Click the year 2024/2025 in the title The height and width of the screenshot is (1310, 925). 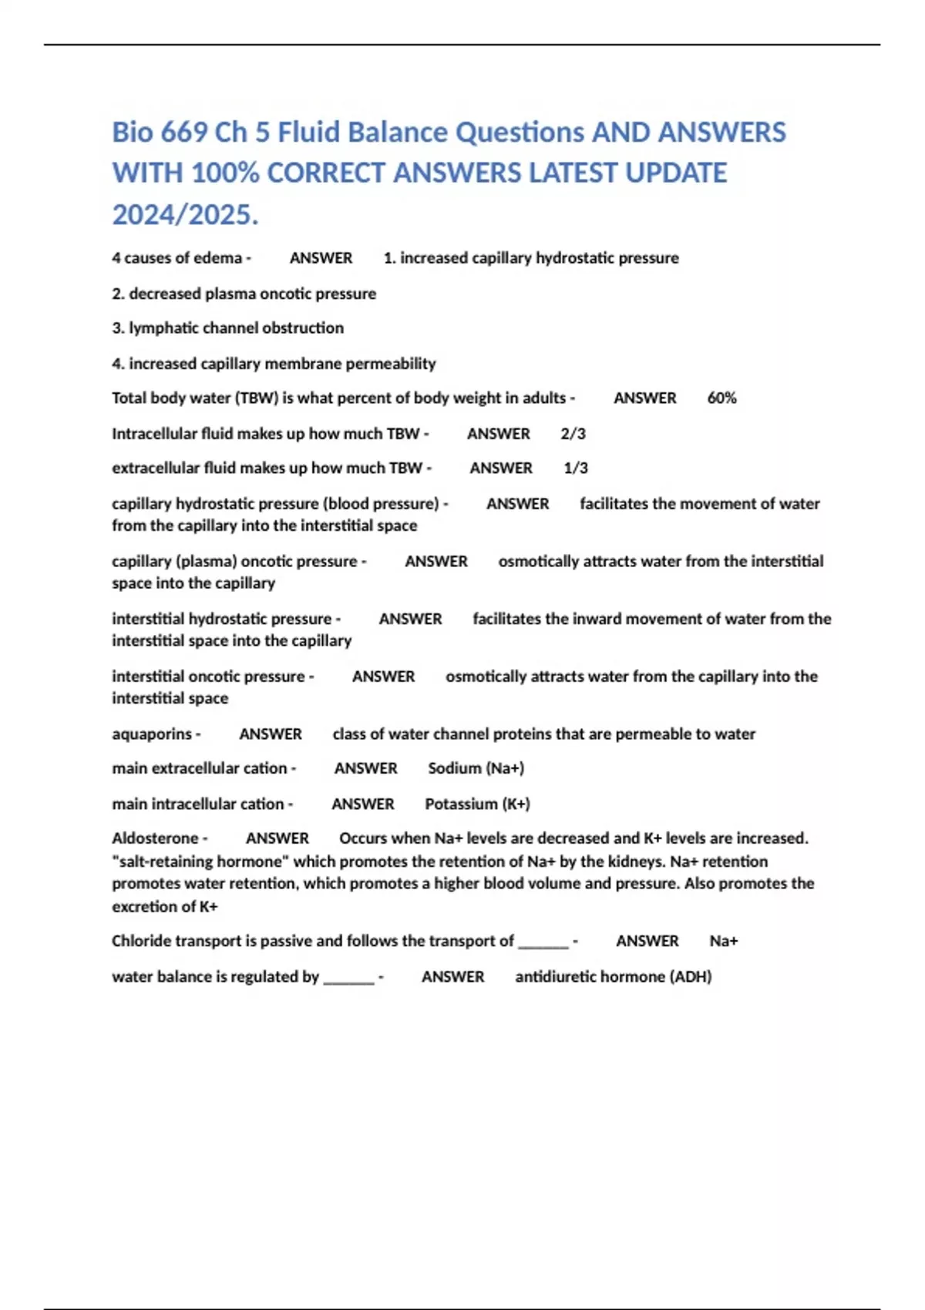click(x=185, y=214)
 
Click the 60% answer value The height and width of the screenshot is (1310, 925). click(x=721, y=398)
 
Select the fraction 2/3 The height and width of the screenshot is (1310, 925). click(x=573, y=434)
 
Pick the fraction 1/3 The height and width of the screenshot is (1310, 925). click(x=576, y=468)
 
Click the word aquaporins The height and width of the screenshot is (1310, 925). click(x=152, y=734)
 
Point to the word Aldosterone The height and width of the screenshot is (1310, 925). click(x=156, y=838)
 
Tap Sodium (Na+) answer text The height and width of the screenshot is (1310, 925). click(x=476, y=768)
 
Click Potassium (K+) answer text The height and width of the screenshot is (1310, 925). click(x=477, y=804)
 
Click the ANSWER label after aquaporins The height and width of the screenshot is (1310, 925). click(x=271, y=734)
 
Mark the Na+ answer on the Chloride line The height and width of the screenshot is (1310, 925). click(x=724, y=941)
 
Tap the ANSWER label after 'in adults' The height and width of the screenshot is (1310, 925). click(x=645, y=398)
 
